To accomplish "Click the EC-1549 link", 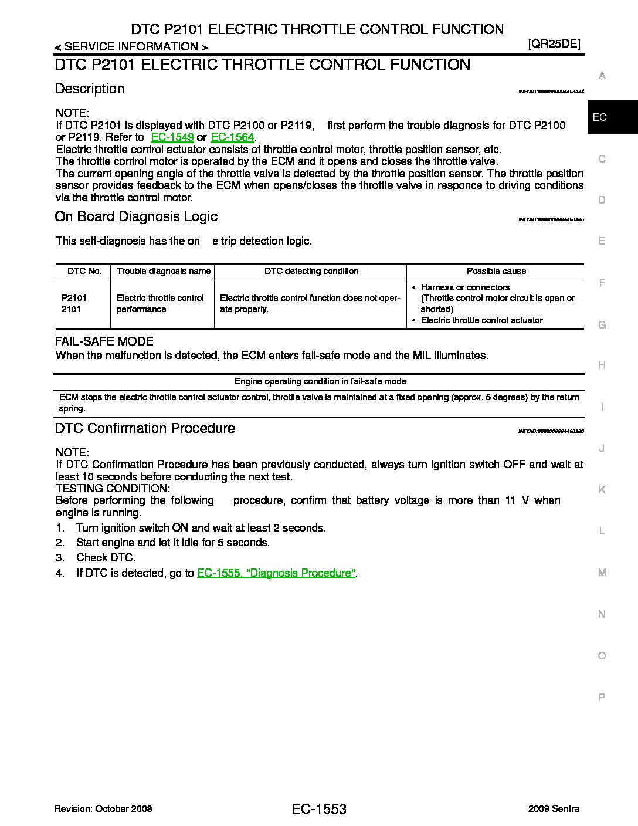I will pos(172,137).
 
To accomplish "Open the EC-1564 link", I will pos(232,137).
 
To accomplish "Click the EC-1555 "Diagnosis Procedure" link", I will pos(276,573).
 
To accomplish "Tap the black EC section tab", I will pos(612,117).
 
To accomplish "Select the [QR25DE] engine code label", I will pos(554,43).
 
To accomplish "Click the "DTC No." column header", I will pos(84,271).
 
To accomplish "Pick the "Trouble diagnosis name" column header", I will pos(164,271).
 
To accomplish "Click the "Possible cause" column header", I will pos(496,271).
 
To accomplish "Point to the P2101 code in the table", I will pos(74,298).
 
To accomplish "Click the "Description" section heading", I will pos(90,89).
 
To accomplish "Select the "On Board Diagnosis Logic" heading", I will pos(136,216).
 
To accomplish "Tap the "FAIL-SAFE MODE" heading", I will pos(104,341).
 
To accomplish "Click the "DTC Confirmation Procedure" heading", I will pos(145,428).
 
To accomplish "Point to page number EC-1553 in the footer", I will pos(318,810).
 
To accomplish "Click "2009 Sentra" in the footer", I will pos(553,809).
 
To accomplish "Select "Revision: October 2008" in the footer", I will pos(103,809).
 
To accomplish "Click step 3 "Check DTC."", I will pos(106,558).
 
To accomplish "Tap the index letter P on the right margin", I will pos(602,698).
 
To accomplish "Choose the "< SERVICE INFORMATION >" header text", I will pos(131,47).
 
